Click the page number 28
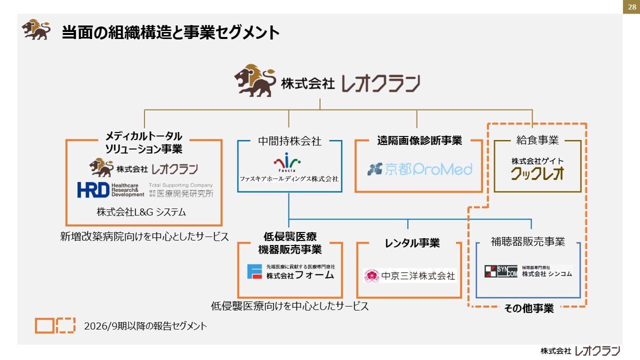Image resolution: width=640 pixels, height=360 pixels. (630, 7)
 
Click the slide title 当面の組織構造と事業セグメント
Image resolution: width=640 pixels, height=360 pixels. (170, 32)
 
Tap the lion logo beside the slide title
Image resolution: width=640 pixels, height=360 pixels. (36, 29)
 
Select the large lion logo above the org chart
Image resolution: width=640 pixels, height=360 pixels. (255, 80)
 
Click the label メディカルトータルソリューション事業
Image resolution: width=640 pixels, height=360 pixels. (143, 142)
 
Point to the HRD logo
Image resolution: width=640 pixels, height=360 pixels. (93, 190)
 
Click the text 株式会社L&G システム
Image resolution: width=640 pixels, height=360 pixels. (141, 212)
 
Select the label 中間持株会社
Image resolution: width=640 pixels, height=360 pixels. (289, 141)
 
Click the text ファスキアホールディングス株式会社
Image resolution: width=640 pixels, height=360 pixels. (289, 179)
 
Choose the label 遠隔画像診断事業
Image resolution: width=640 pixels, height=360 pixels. (419, 141)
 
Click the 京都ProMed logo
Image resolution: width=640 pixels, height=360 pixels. (419, 169)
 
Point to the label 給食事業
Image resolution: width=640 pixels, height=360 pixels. (537, 140)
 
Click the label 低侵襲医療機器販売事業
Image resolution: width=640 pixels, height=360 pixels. (290, 243)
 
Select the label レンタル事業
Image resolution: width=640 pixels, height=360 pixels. (412, 243)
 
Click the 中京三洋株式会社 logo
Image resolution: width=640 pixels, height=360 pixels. (409, 275)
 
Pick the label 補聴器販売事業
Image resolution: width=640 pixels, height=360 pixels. (528, 242)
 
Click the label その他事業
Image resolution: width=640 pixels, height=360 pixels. (529, 309)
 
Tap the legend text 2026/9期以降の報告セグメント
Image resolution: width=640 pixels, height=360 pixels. (145, 326)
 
